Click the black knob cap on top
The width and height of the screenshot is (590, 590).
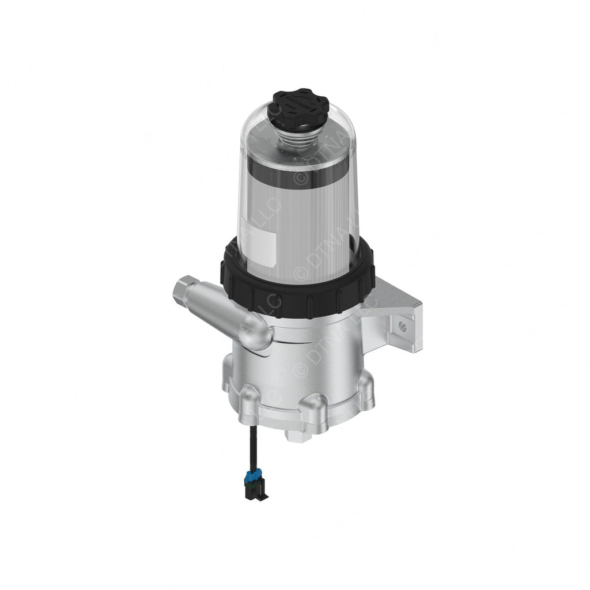pyautogui.click(x=298, y=107)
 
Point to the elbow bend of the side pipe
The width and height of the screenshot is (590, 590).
pyautogui.click(x=259, y=337)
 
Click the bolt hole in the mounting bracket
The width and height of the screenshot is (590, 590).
pyautogui.click(x=402, y=326)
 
